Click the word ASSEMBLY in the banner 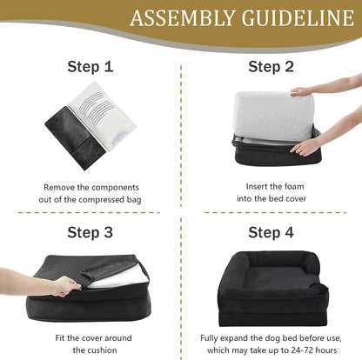(x=182, y=18)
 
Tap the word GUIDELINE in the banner (x=298, y=18)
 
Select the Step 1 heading (x=90, y=67)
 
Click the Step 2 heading (x=271, y=67)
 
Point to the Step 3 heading (x=90, y=232)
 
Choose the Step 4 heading (x=271, y=232)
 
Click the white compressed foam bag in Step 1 (x=103, y=116)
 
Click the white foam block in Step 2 (x=272, y=117)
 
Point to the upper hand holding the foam (x=302, y=92)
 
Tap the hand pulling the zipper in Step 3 (x=66, y=286)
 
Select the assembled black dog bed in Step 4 (x=272, y=289)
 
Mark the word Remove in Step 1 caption (x=59, y=187)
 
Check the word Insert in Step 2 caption (x=257, y=186)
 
